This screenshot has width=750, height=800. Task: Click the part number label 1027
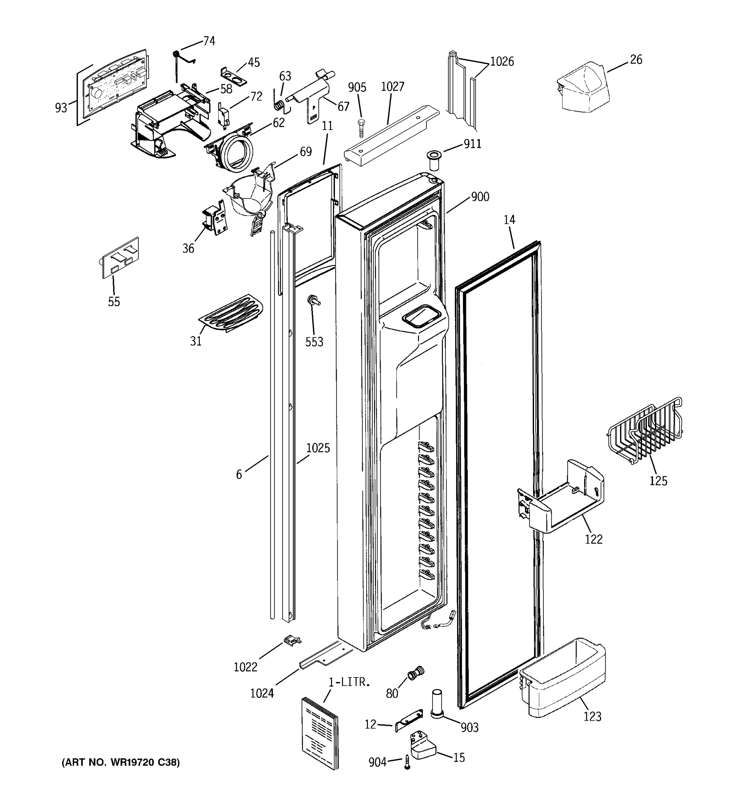pos(392,87)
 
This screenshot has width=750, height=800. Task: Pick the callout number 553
pos(314,342)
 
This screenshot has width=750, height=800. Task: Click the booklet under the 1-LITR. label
pos(320,732)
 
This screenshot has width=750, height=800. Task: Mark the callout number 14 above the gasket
pos(509,220)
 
